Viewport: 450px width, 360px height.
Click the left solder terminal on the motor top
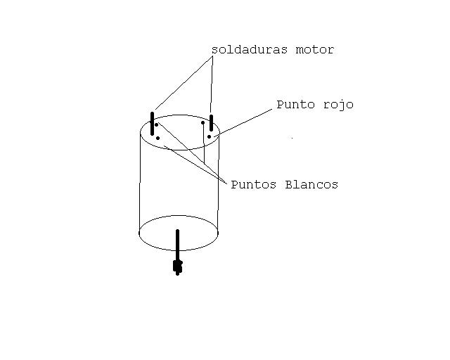coord(152,122)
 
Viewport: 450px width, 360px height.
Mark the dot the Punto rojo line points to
coord(209,136)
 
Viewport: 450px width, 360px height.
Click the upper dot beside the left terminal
coord(157,125)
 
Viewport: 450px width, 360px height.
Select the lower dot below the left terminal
coord(157,138)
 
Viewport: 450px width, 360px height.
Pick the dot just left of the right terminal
coord(202,123)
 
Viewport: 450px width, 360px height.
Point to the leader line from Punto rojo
coord(243,120)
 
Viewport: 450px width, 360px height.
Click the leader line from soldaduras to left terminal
coord(183,83)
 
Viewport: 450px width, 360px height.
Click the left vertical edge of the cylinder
coord(140,183)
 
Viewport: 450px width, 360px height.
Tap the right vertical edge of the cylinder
coord(219,183)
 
